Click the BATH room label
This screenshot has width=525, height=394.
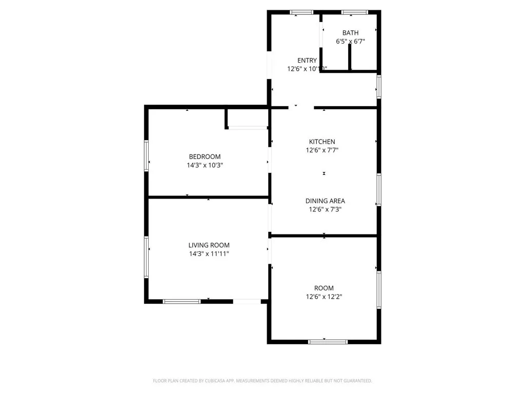pos(351,33)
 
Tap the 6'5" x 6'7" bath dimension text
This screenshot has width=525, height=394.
pos(351,42)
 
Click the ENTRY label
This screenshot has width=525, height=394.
pos(307,60)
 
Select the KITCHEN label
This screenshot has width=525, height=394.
pos(322,142)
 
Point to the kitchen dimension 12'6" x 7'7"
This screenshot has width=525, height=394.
pos(322,150)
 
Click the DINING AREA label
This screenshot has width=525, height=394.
pos(325,201)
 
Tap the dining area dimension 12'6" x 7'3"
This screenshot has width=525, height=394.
pos(325,209)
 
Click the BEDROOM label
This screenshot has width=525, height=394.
pos(205,156)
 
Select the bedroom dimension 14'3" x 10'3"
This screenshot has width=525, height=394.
pos(205,165)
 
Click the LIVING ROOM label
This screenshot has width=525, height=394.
pos(209,245)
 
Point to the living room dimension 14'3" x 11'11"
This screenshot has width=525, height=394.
pos(209,254)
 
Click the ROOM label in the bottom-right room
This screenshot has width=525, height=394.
pos(324,288)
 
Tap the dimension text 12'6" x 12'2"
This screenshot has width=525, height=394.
pos(324,297)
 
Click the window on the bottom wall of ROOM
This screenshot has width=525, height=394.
pos(328,341)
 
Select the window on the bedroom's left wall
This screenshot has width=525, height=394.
pos(146,156)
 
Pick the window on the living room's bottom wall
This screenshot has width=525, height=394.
pos(181,301)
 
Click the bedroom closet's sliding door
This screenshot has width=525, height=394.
pos(248,127)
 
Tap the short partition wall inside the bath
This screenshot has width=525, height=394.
pos(350,56)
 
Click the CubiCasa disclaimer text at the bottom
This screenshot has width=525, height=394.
pos(262,381)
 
